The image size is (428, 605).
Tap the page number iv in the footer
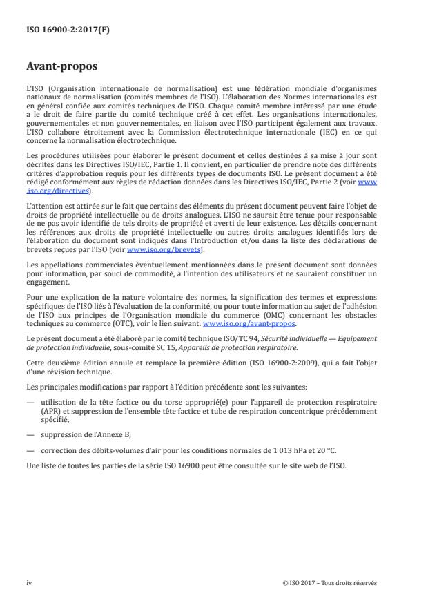[x=29, y=582]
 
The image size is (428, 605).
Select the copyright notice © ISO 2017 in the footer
[x=330, y=582]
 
